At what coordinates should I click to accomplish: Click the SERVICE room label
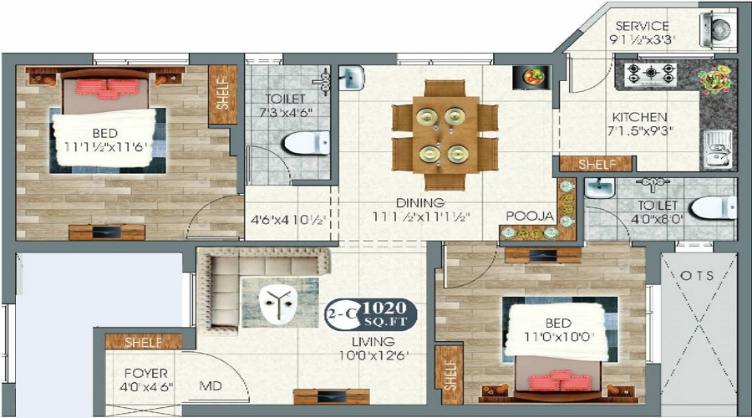pyautogui.click(x=641, y=26)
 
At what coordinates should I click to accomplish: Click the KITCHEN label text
pyautogui.click(x=638, y=117)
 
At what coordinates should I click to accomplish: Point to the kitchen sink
pyautogui.click(x=718, y=147)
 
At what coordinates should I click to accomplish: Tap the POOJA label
pyautogui.click(x=530, y=216)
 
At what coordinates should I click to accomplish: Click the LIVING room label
pyautogui.click(x=373, y=341)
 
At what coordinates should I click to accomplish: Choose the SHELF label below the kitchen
pyautogui.click(x=599, y=164)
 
